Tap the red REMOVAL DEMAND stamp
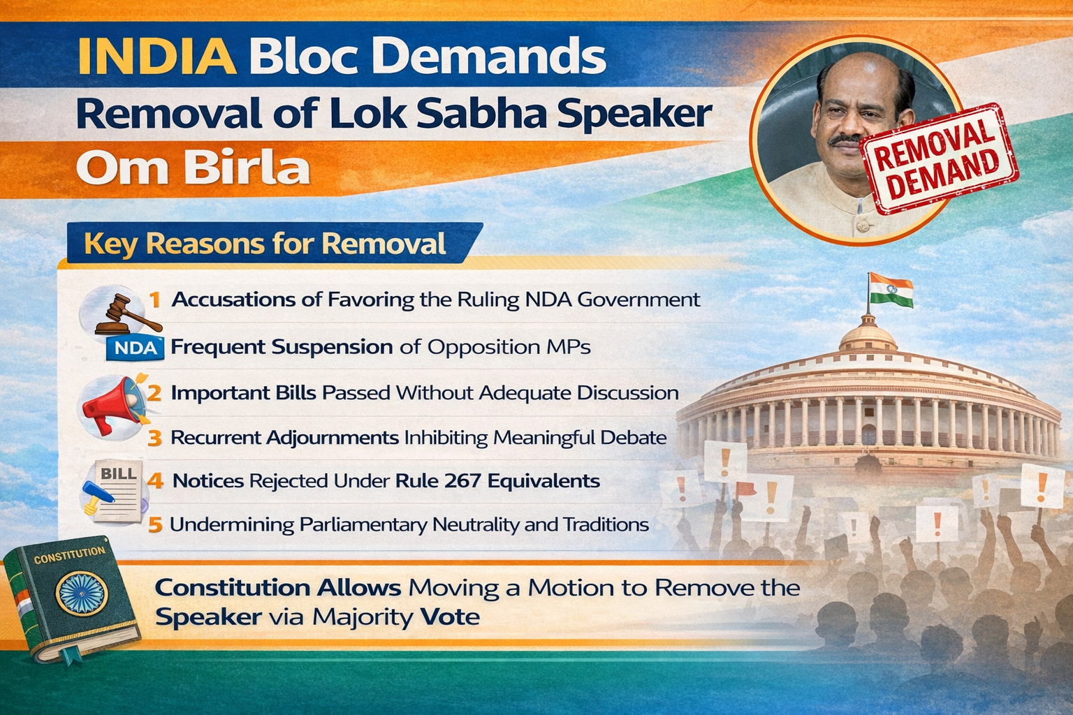938,158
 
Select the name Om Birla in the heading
193,167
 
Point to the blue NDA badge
135,348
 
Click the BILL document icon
115,492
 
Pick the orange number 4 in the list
154,480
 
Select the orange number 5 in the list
155,525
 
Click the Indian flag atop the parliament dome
891,290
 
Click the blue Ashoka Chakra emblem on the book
82,594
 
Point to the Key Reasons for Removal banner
273,243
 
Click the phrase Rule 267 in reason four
438,480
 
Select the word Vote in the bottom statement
450,617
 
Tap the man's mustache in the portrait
847,140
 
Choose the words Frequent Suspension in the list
282,347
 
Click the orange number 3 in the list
154,438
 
